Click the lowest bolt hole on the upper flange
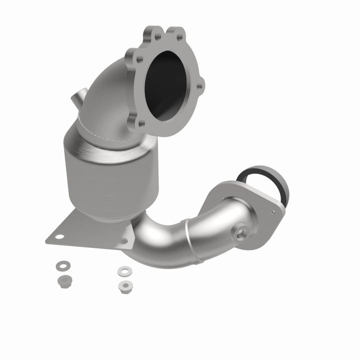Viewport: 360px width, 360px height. point(141,123)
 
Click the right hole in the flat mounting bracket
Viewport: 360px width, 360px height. point(123,241)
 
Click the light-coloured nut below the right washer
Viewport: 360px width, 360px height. point(123,286)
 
